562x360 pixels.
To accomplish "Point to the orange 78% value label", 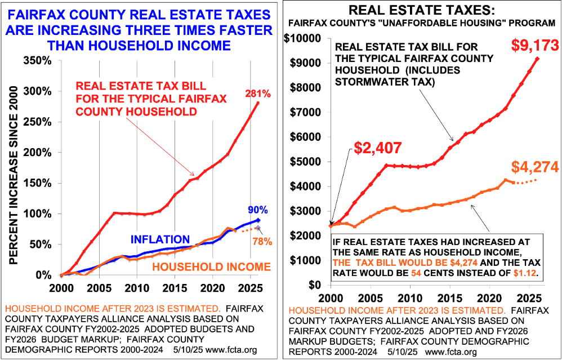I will [262, 241].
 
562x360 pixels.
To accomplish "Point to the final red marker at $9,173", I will [537, 59].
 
